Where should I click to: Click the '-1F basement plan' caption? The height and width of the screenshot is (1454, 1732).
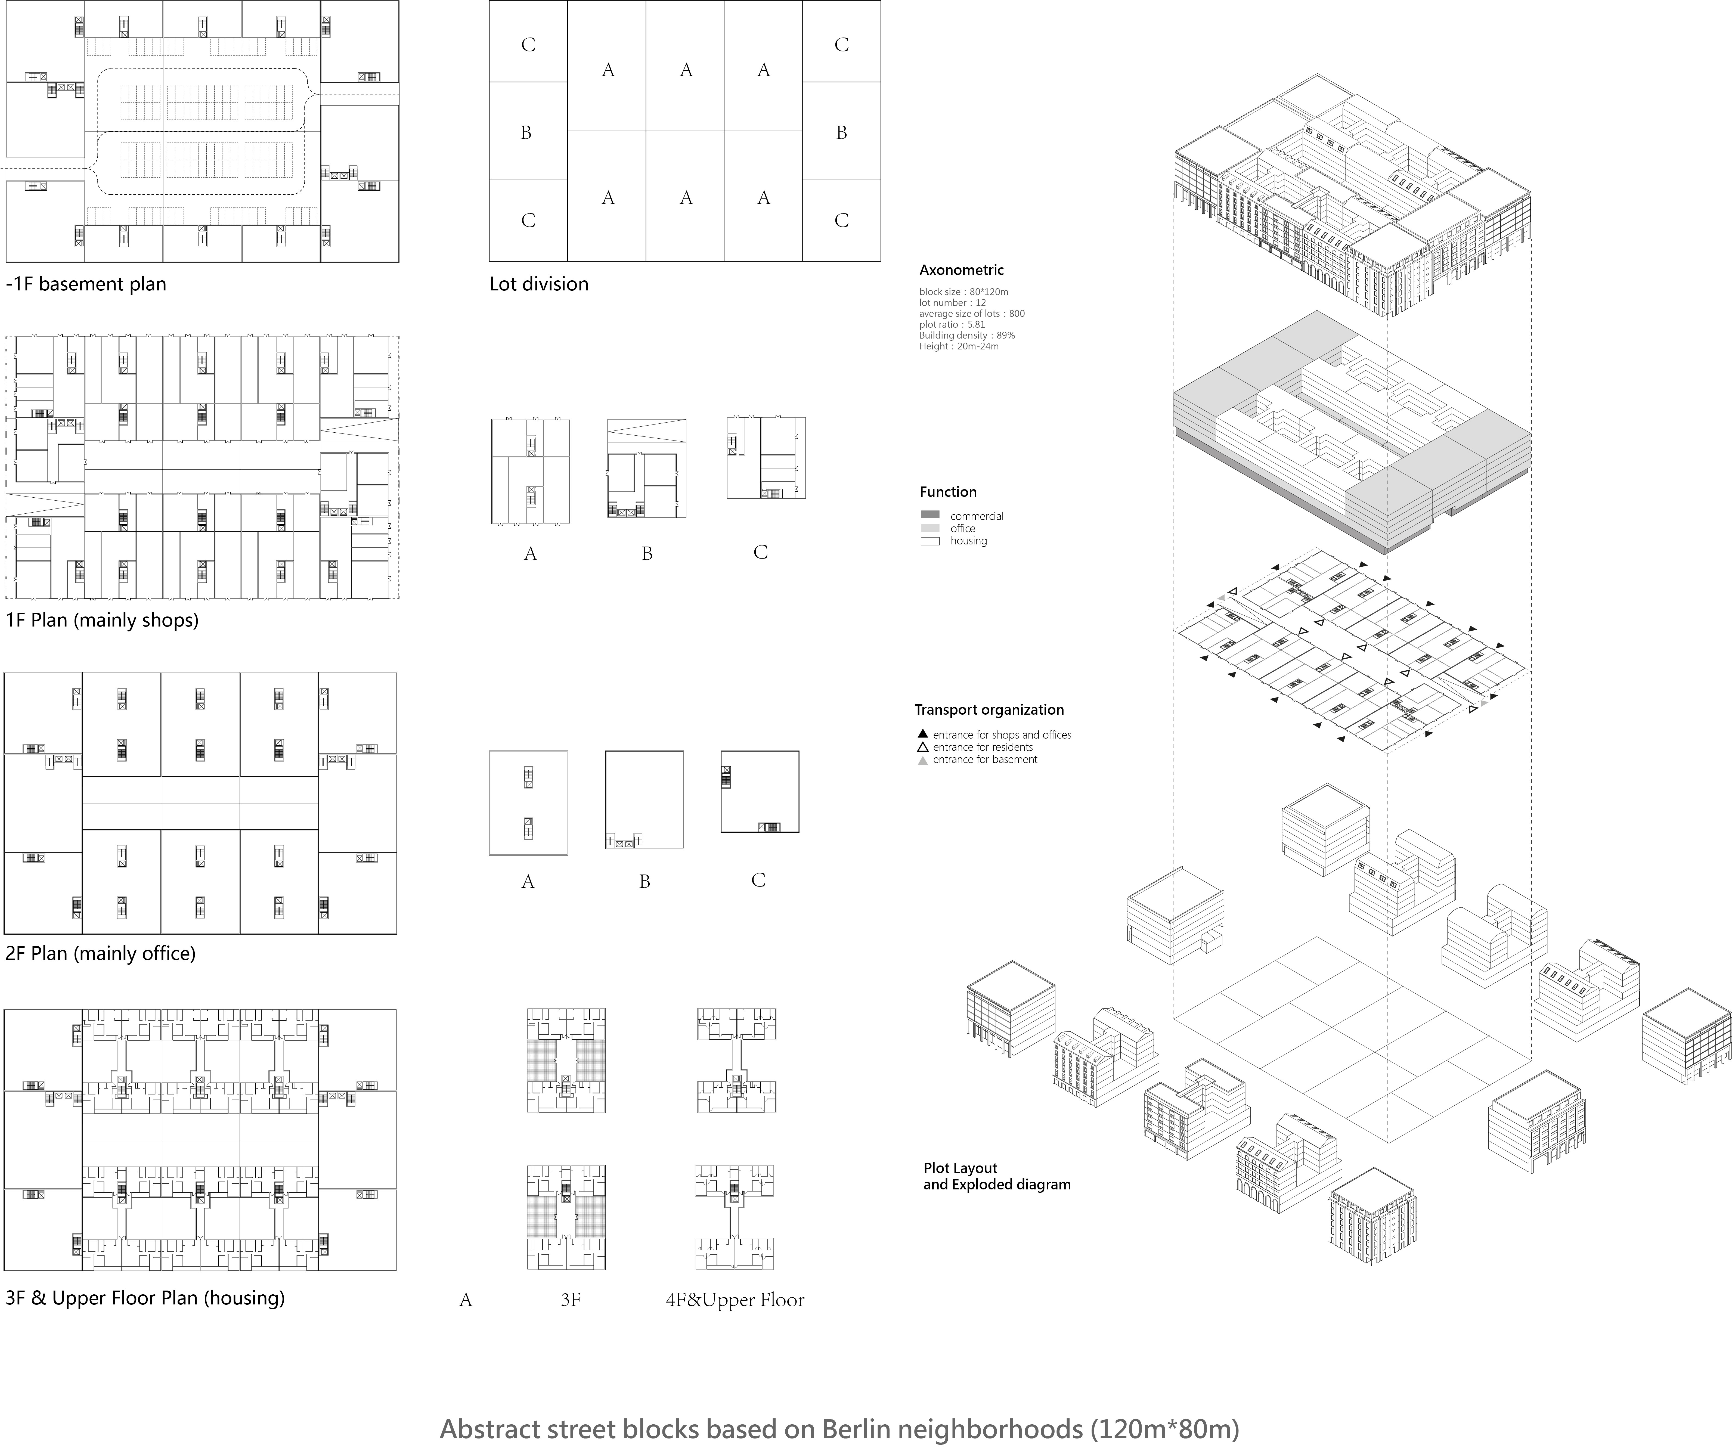pyautogui.click(x=86, y=284)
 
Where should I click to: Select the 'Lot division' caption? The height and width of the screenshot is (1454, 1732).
pyautogui.click(x=538, y=284)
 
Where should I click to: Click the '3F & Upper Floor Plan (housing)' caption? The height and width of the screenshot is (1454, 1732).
pyautogui.click(x=145, y=1298)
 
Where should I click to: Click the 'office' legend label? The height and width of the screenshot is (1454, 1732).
pyautogui.click(x=962, y=529)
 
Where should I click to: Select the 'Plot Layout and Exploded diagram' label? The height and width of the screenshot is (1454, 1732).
pyautogui.click(x=996, y=1177)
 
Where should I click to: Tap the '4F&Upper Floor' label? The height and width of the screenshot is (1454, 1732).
pyautogui.click(x=735, y=1301)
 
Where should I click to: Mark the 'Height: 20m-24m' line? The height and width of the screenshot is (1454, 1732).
pyautogui.click(x=958, y=346)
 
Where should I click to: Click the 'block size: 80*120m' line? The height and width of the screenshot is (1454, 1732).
pyautogui.click(x=963, y=292)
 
